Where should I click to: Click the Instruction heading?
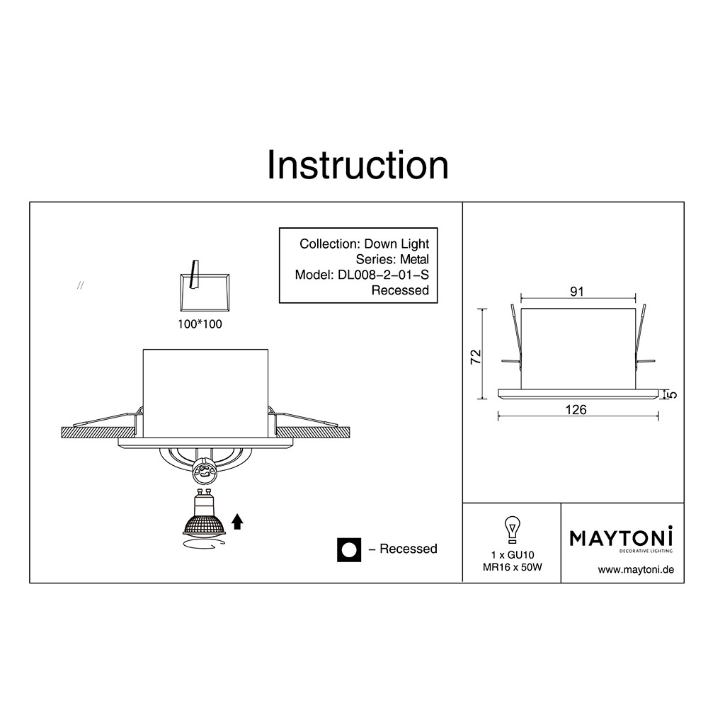[x=358, y=165]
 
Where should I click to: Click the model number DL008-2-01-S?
[x=383, y=275]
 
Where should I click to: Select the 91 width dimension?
[x=577, y=292]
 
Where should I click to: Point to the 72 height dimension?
[x=476, y=357]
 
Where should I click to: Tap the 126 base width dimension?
[x=576, y=409]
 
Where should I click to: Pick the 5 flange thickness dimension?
[x=673, y=394]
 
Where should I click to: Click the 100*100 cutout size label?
[x=200, y=324]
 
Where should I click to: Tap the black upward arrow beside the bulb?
[x=237, y=522]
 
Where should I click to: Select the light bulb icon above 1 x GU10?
[x=512, y=530]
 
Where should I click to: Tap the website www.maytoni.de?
[x=636, y=570]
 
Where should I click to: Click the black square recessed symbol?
[x=349, y=549]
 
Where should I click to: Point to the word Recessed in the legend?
[x=409, y=549]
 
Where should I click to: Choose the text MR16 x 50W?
[x=513, y=567]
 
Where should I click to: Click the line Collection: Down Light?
[x=364, y=244]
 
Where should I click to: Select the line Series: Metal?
[x=392, y=259]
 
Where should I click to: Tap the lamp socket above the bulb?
[x=205, y=472]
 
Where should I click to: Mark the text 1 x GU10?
[x=513, y=555]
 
